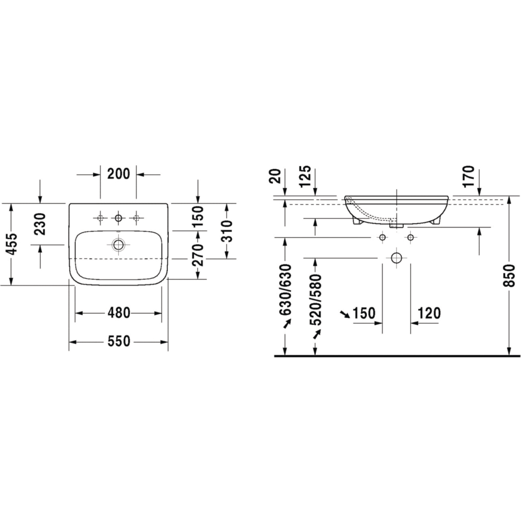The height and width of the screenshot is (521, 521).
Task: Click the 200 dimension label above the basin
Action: (118, 174)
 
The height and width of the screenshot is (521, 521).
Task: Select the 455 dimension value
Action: (13, 244)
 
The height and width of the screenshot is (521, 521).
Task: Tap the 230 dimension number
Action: (41, 224)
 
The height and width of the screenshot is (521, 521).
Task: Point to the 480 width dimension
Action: (118, 313)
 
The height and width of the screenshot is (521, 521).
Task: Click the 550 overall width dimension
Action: (118, 341)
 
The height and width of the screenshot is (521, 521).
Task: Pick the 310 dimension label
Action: (227, 231)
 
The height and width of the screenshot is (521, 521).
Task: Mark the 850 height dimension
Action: (510, 276)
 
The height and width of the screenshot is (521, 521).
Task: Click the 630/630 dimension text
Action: (286, 289)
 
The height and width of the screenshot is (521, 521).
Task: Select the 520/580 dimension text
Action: (316, 300)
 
